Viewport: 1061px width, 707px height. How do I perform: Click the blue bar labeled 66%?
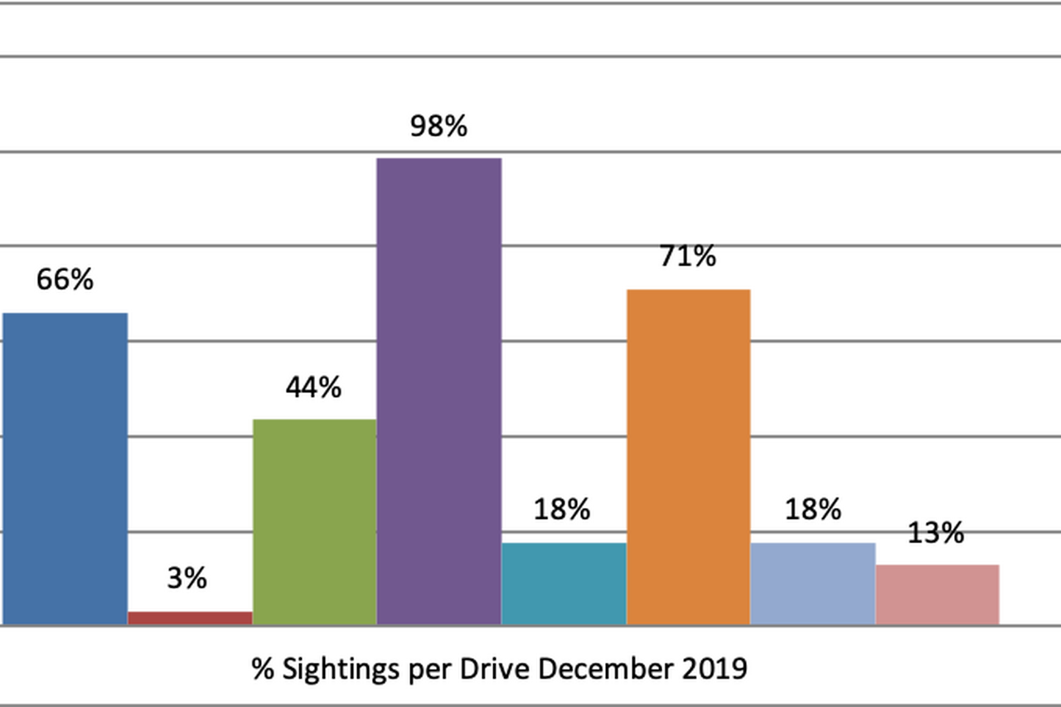point(64,468)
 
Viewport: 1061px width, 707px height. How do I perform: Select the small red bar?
point(190,617)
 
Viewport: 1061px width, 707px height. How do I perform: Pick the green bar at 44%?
point(314,521)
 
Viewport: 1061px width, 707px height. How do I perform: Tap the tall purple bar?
point(438,390)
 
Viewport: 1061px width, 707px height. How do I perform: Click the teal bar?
point(564,584)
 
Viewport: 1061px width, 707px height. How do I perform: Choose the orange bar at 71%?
point(688,457)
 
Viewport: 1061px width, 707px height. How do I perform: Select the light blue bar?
point(812,584)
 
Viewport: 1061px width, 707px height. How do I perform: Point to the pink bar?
point(937,594)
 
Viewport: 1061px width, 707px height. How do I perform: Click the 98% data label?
point(438,127)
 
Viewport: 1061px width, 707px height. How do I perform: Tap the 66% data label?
point(65,280)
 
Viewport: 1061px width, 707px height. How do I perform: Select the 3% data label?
point(187,579)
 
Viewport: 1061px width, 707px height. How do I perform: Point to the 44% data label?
point(313,387)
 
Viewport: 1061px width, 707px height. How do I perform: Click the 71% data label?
point(687,257)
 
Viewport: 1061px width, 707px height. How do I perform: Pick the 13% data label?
point(936,534)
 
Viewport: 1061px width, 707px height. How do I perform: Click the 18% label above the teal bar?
point(562,510)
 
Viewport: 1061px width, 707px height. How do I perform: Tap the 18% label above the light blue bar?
point(813,510)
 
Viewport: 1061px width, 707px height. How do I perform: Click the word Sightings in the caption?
point(330,669)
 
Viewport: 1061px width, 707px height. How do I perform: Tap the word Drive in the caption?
point(492,668)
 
